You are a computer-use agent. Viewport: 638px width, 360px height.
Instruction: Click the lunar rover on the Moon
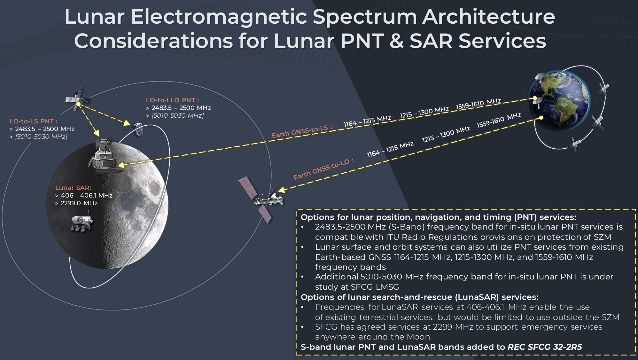pos(82,223)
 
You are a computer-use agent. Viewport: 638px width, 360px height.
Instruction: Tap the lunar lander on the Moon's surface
pos(105,156)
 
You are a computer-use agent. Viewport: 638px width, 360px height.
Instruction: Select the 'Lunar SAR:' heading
pos(73,188)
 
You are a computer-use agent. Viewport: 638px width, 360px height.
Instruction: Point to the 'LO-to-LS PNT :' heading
pos(33,121)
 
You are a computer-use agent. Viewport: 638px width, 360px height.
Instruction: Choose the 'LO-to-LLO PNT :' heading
pos(172,100)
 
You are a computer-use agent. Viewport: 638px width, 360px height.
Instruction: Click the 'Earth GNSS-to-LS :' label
pos(302,131)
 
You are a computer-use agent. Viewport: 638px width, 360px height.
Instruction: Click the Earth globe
pos(559,100)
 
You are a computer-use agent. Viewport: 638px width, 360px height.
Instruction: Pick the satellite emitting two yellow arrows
pos(77,100)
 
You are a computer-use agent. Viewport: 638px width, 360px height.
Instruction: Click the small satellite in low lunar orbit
pos(139,129)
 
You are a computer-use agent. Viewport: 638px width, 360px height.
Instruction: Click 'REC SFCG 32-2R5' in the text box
pos(545,347)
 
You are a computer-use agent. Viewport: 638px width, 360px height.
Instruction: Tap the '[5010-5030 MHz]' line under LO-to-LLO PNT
pos(178,115)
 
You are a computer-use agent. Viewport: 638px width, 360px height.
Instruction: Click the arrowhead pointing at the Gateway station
pos(282,190)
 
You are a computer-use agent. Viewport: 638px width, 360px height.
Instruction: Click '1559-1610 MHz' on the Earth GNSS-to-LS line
pos(478,104)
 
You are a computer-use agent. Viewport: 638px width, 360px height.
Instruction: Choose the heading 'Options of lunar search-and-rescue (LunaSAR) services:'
pos(419,297)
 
